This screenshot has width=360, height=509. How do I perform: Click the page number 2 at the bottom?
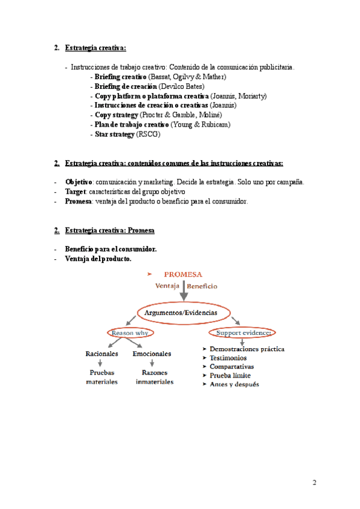click(x=314, y=483)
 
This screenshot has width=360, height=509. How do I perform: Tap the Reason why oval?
click(x=131, y=333)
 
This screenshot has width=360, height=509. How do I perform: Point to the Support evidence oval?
click(x=243, y=333)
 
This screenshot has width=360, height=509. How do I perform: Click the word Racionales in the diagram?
click(x=102, y=354)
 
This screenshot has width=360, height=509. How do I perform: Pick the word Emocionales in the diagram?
click(x=152, y=354)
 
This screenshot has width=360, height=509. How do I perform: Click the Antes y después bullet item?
click(x=234, y=384)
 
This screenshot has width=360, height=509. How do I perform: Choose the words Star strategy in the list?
click(x=115, y=134)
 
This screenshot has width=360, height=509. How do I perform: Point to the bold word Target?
click(x=76, y=191)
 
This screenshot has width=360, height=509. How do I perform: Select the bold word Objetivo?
click(x=79, y=182)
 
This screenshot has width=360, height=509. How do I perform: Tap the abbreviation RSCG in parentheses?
click(x=149, y=134)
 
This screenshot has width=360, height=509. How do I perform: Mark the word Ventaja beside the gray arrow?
click(x=167, y=286)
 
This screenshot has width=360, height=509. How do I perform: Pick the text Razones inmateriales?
click(x=154, y=377)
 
